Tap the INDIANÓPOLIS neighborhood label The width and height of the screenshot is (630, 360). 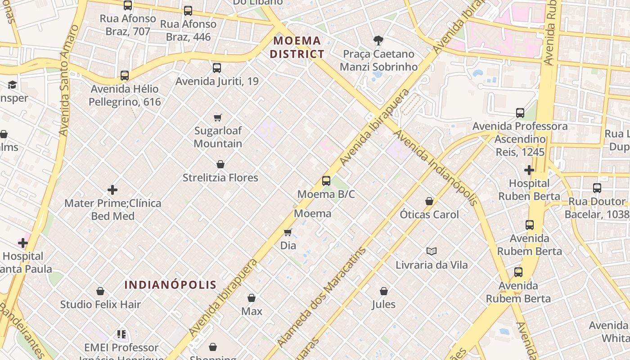(170, 285)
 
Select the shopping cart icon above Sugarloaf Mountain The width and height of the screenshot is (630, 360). (218, 117)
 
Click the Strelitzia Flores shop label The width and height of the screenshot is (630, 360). (220, 178)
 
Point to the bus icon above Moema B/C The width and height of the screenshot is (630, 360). (326, 181)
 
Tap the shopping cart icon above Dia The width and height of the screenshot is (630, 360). (288, 232)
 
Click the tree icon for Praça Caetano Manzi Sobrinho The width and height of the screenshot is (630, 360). (378, 40)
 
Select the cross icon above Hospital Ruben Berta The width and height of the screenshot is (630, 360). (529, 170)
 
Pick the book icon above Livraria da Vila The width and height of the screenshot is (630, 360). (432, 251)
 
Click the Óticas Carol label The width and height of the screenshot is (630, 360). (429, 214)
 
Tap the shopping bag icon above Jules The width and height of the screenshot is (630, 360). (384, 291)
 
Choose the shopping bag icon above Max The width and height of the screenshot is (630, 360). (252, 298)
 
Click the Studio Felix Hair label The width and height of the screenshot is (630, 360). (101, 304)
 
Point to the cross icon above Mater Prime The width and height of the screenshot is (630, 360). (112, 190)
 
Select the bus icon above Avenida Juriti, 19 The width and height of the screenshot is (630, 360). (217, 68)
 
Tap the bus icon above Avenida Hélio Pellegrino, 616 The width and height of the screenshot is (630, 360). (125, 76)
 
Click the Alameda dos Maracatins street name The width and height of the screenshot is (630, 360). (321, 297)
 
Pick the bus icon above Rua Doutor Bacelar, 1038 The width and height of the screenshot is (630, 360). (597, 188)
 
